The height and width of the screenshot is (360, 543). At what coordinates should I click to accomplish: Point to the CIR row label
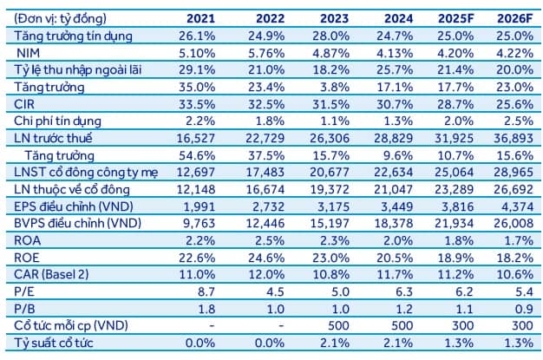click(x=26, y=104)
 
